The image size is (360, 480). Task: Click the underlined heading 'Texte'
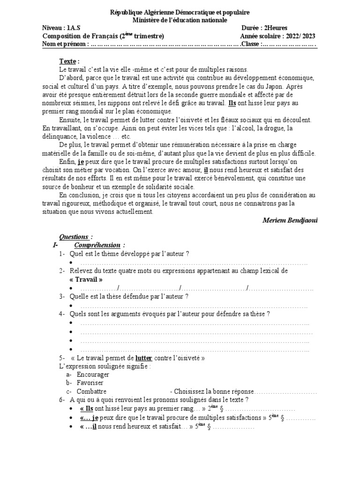68,61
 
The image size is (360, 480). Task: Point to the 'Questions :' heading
76,237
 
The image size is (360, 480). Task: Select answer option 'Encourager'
93,375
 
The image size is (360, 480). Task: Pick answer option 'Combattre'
91,391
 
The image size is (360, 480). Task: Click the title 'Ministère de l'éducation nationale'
180,20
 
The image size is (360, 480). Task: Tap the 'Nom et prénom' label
64,44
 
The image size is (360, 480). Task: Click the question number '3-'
62,296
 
